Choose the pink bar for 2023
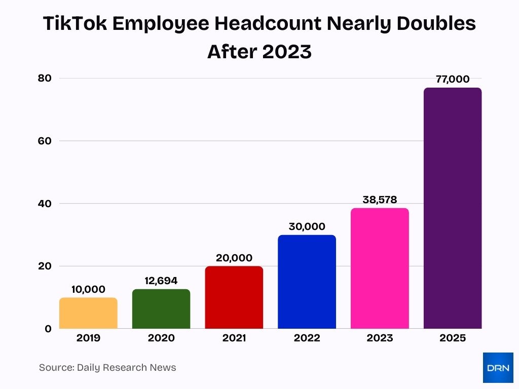pyautogui.click(x=380, y=268)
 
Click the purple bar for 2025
pyautogui.click(x=453, y=208)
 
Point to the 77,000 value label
pyautogui.click(x=453, y=79)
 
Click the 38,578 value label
pyautogui.click(x=380, y=200)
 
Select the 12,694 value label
pyautogui.click(x=161, y=281)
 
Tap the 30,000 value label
pyautogui.click(x=307, y=226)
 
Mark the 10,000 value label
pyautogui.click(x=88, y=289)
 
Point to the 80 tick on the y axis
pyautogui.click(x=45, y=78)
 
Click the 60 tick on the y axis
pyautogui.click(x=45, y=141)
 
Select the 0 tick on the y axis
pyautogui.click(x=48, y=329)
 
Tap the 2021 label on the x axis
pyautogui.click(x=234, y=338)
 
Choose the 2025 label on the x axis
pyautogui.click(x=453, y=338)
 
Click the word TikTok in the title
pyautogui.click(x=74, y=24)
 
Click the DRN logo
pyautogui.click(x=498, y=367)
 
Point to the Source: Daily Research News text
pyautogui.click(x=107, y=368)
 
